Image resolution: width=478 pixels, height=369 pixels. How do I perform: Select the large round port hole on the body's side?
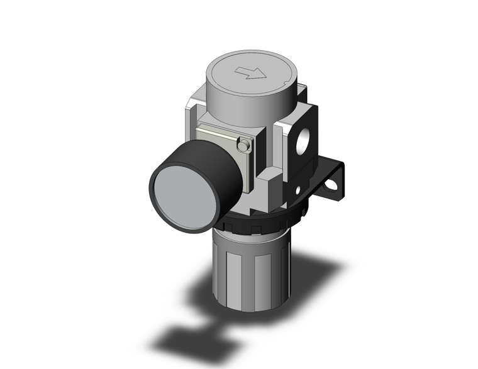pos(303,139)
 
